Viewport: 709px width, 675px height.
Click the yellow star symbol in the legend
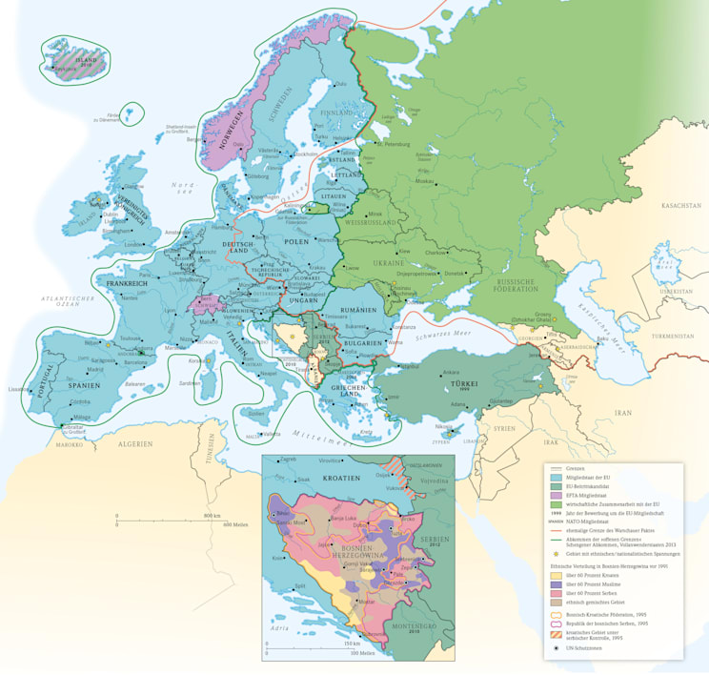pos(556,554)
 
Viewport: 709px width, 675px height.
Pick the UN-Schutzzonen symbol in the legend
pos(556,648)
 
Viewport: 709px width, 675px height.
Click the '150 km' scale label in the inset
pos(354,645)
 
